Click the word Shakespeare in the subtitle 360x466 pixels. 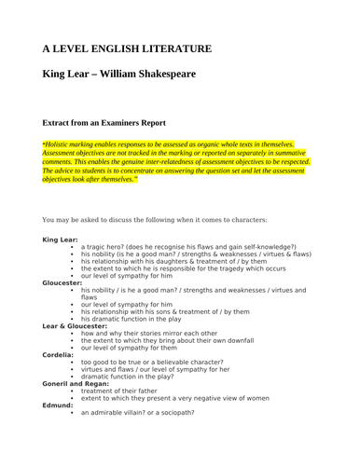coord(161,75)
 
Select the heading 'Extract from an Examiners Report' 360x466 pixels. coord(115,122)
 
